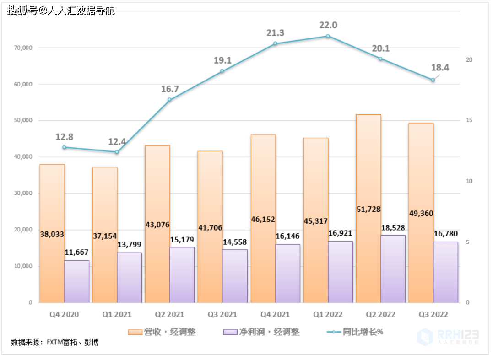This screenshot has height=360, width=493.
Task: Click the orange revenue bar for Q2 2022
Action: (368, 256)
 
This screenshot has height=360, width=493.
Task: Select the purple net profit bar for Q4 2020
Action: (77, 281)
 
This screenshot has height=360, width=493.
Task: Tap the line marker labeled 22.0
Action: (328, 36)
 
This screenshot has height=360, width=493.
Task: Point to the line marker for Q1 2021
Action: (117, 152)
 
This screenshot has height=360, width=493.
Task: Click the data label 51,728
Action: (368, 209)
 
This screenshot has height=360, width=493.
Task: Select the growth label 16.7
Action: (170, 89)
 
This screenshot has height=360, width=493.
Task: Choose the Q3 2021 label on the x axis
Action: (222, 314)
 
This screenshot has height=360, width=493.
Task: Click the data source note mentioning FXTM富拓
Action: (55, 342)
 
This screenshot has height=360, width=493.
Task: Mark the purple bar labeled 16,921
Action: (341, 272)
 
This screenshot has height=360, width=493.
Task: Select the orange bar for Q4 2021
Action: (263, 265)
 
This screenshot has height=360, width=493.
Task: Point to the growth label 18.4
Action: (440, 68)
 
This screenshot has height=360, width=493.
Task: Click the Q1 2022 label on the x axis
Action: (328, 314)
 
